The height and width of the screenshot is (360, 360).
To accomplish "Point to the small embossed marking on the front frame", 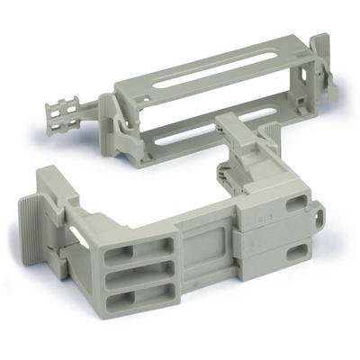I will click(x=265, y=217).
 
